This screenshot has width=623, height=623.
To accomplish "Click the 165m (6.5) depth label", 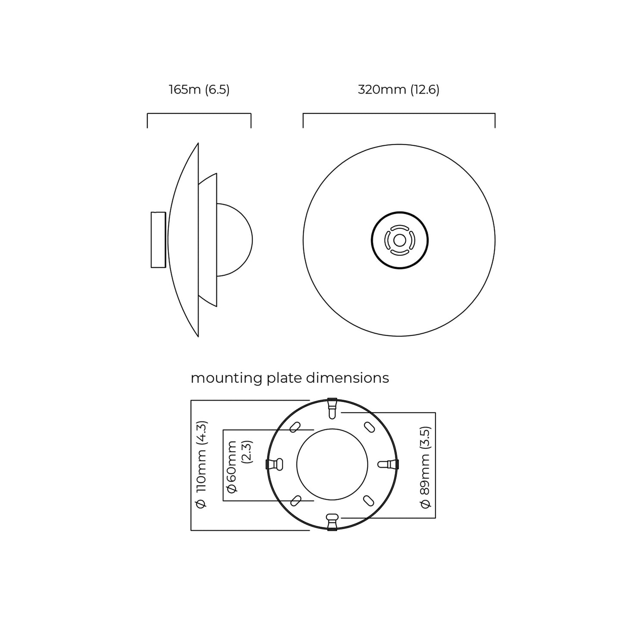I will click(x=199, y=90).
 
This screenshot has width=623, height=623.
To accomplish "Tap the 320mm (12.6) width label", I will click(x=398, y=90).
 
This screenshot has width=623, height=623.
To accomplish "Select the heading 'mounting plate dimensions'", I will click(x=290, y=378).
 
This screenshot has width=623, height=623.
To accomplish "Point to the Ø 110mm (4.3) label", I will click(x=201, y=465).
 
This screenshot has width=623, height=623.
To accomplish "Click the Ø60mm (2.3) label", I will click(x=239, y=466).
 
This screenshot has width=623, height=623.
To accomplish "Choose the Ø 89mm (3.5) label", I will click(x=426, y=467).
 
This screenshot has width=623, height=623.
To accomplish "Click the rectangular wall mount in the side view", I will click(x=158, y=240).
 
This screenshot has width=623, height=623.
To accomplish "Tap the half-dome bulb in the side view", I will click(x=234, y=240).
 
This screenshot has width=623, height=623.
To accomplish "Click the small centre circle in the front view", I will click(x=399, y=240).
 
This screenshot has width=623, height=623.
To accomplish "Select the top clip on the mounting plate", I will click(x=332, y=407).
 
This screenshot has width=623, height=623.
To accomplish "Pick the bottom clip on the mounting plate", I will click(x=332, y=521).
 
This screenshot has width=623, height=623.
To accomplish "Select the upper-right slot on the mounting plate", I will click(x=369, y=427).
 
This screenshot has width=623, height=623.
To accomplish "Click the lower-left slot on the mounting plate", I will click(x=296, y=501).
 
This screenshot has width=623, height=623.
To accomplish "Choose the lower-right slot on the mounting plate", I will click(x=369, y=501).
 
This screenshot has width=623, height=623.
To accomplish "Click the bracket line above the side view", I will click(x=199, y=114).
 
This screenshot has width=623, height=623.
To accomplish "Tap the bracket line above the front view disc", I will click(x=399, y=114).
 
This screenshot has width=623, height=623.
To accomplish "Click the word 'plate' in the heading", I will click(x=285, y=378).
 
